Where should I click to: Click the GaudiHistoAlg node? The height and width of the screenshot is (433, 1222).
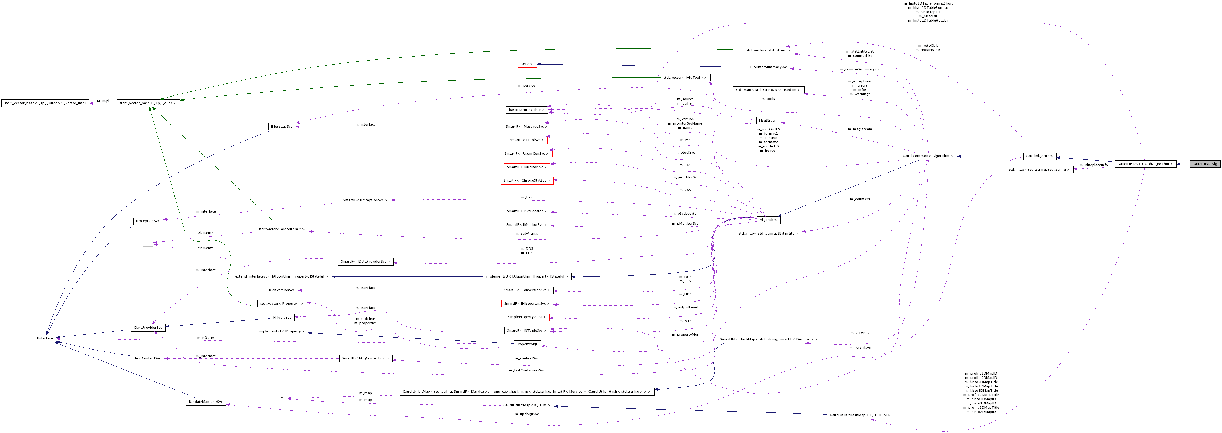pyautogui.click(x=1204, y=164)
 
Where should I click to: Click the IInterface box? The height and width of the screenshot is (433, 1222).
pyautogui.click(x=45, y=338)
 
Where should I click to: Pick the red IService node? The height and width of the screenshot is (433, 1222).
pyautogui.click(x=527, y=64)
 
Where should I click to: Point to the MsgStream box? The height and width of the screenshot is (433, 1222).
pyautogui.click(x=768, y=120)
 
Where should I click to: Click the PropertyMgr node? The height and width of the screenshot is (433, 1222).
pyautogui.click(x=527, y=344)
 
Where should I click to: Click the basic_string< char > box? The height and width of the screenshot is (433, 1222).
pyautogui.click(x=527, y=110)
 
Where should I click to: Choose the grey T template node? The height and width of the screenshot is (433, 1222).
pyautogui.click(x=148, y=243)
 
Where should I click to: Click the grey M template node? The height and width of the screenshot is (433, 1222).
pyautogui.click(x=282, y=398)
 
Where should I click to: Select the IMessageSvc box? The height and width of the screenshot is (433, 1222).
pyautogui.click(x=282, y=126)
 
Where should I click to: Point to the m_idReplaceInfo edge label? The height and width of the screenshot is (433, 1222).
pyautogui.click(x=1093, y=165)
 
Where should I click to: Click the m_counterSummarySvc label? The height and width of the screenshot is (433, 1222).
pyautogui.click(x=860, y=69)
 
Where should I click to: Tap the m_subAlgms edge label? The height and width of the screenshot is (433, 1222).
pyautogui.click(x=527, y=233)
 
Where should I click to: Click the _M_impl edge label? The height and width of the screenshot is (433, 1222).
pyautogui.click(x=102, y=101)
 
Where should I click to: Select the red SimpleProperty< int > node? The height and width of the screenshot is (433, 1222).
pyautogui.click(x=527, y=317)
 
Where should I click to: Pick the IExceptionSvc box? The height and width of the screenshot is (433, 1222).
pyautogui.click(x=148, y=221)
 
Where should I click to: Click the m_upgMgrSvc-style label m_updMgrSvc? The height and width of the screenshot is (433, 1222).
pyautogui.click(x=527, y=414)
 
